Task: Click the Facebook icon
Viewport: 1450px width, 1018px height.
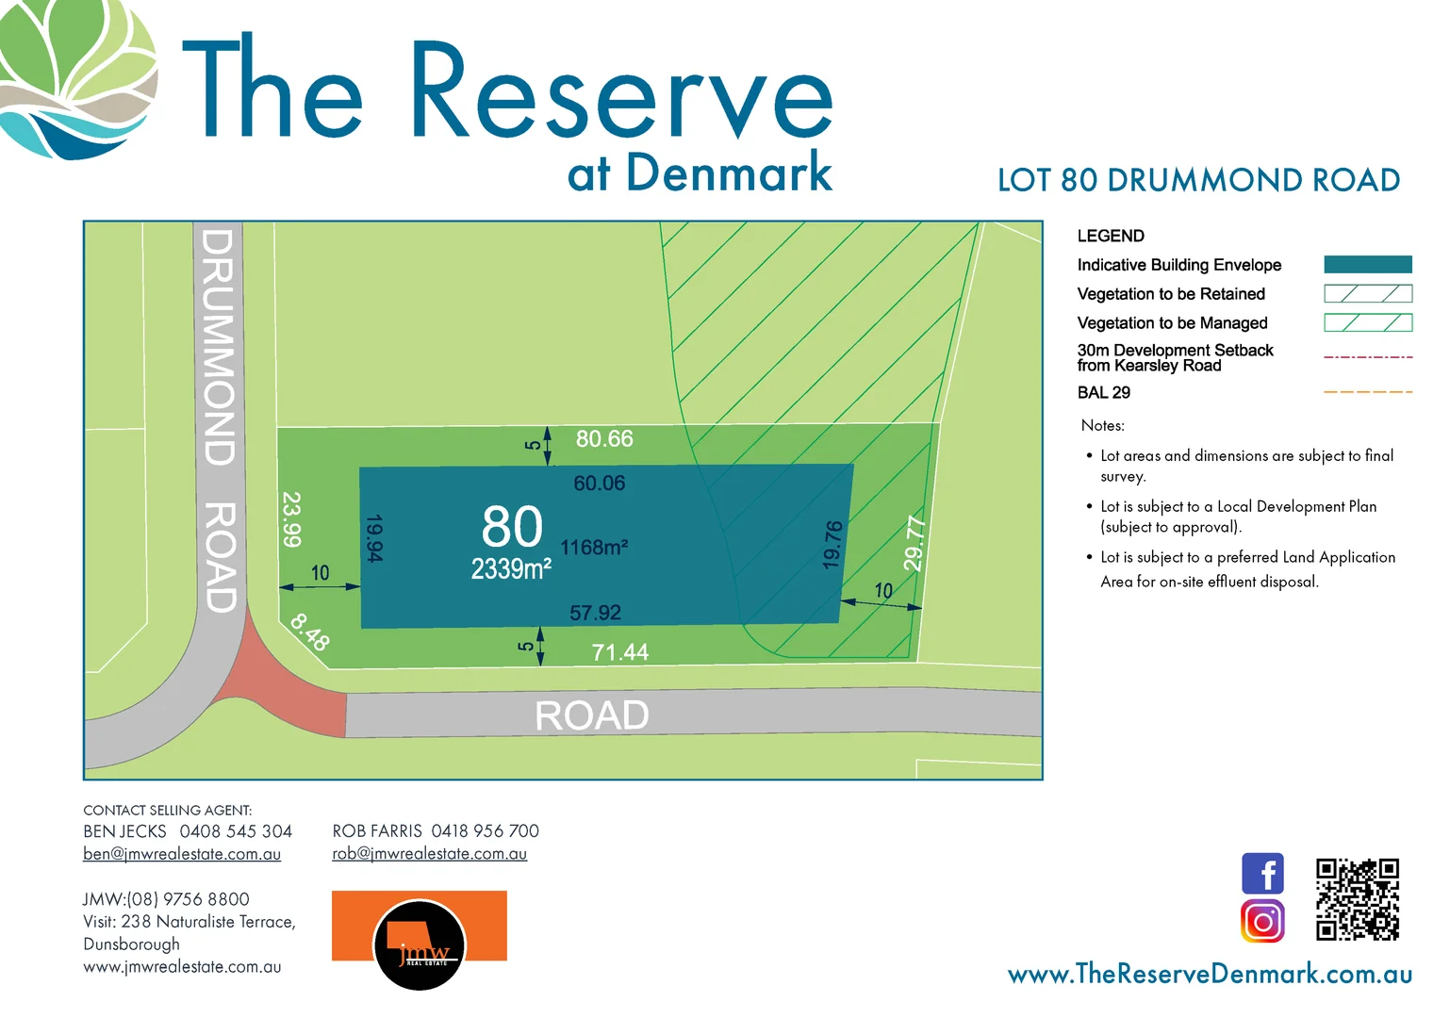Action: (1262, 873)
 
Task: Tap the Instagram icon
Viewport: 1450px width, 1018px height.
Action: (1262, 920)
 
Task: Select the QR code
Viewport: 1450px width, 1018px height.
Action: (1357, 898)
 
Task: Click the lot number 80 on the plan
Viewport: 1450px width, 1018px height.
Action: (512, 526)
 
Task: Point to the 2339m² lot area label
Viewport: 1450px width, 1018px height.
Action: (511, 569)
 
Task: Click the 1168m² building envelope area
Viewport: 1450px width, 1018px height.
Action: (594, 548)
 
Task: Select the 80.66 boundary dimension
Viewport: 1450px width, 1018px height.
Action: (604, 439)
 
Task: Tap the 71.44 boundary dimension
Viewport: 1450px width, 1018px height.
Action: (619, 652)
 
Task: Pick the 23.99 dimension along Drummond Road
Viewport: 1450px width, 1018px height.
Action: (292, 519)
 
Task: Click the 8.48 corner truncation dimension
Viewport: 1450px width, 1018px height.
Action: (310, 632)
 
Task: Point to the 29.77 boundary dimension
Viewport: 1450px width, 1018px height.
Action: (914, 543)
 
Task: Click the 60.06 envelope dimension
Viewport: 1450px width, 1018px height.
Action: (600, 484)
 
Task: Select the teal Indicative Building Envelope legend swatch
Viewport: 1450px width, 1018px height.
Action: (1368, 265)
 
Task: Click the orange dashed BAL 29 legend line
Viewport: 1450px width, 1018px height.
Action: (1368, 392)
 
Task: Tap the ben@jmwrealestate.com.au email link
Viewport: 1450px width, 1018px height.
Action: (182, 854)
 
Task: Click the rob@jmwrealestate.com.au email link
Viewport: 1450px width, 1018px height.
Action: (429, 854)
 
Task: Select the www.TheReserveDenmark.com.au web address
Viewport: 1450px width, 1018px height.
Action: (1210, 974)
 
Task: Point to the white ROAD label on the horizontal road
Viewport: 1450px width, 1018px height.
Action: (592, 715)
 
